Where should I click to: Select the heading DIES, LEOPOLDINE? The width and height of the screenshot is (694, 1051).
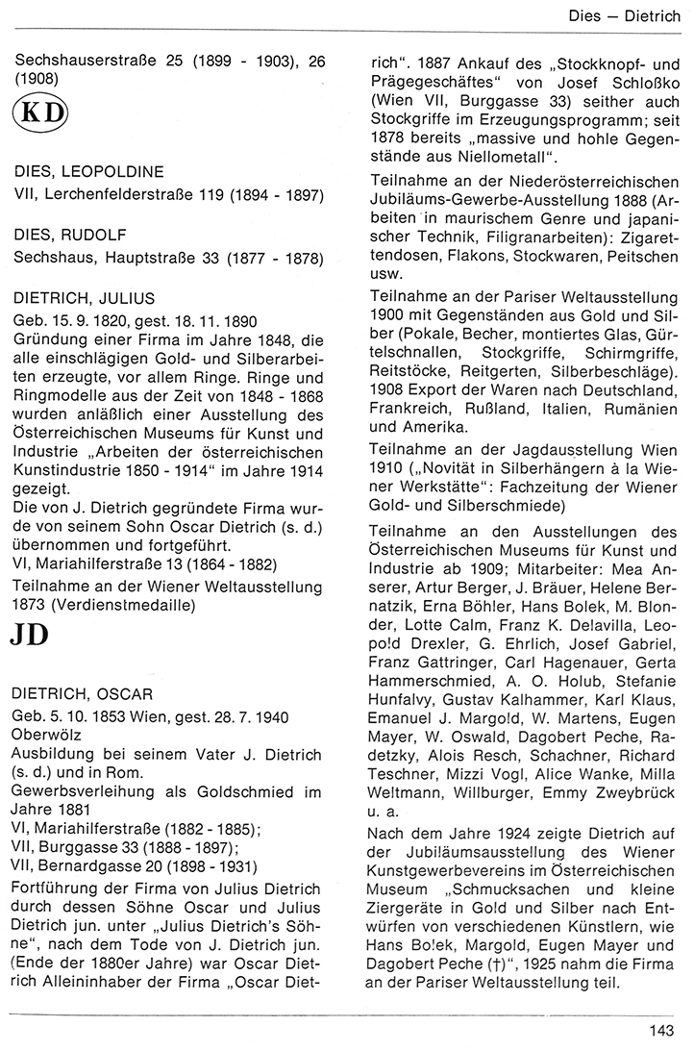(x=88, y=173)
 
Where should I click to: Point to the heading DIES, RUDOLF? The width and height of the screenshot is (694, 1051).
(x=72, y=235)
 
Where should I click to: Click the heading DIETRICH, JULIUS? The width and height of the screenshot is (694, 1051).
(x=85, y=298)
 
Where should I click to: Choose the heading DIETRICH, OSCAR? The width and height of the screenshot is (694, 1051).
(x=85, y=693)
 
